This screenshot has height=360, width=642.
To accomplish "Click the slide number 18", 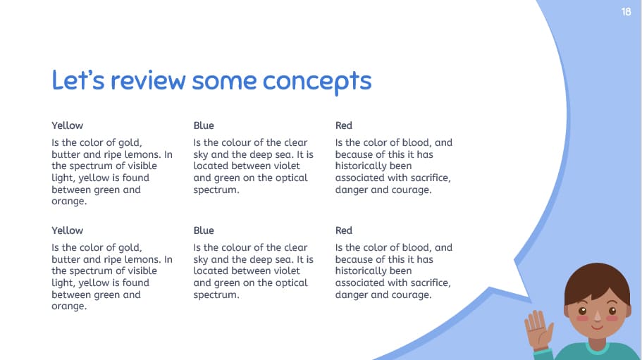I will (x=626, y=12).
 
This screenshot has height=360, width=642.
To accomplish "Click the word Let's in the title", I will (x=78, y=80).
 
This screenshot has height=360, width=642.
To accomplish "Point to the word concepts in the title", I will (x=317, y=82).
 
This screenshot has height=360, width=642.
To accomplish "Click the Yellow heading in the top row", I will (x=67, y=125).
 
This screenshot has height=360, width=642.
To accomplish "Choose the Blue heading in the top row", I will (x=204, y=125).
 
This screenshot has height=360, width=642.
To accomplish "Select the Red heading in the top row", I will (x=344, y=125).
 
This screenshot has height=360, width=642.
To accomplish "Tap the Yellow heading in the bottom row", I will (x=67, y=230).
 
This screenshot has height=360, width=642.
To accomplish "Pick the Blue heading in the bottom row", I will (x=204, y=230).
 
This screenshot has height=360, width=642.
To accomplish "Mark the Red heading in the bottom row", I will (x=344, y=230).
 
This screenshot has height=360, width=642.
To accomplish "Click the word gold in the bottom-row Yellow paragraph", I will (x=128, y=247).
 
